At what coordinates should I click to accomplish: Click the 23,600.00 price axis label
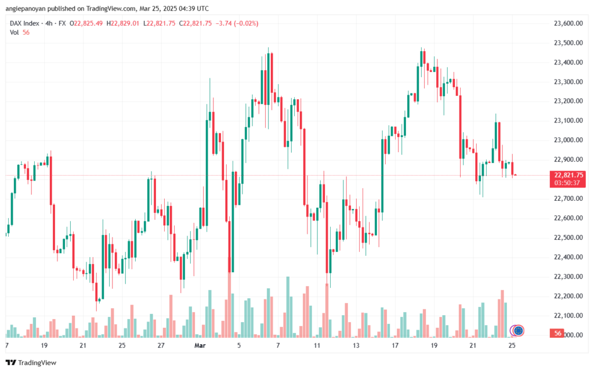pos(567,23)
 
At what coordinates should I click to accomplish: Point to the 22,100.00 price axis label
pos(567,316)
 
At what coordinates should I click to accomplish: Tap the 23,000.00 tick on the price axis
pos(567,140)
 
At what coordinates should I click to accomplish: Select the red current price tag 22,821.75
pos(568,175)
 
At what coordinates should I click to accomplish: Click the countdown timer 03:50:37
pos(568,183)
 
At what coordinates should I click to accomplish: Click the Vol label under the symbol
pos(15,32)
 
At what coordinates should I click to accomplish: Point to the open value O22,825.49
pos(86,23)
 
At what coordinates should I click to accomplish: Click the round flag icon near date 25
pos(519,331)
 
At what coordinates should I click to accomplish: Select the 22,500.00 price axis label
pos(567,237)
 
